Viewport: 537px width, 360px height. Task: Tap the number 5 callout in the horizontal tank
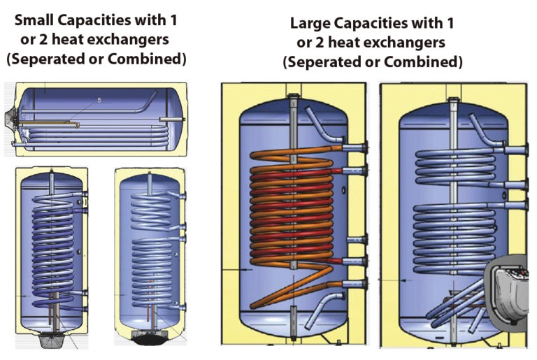(99, 101)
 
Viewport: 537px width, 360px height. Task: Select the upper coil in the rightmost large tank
(454, 168)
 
